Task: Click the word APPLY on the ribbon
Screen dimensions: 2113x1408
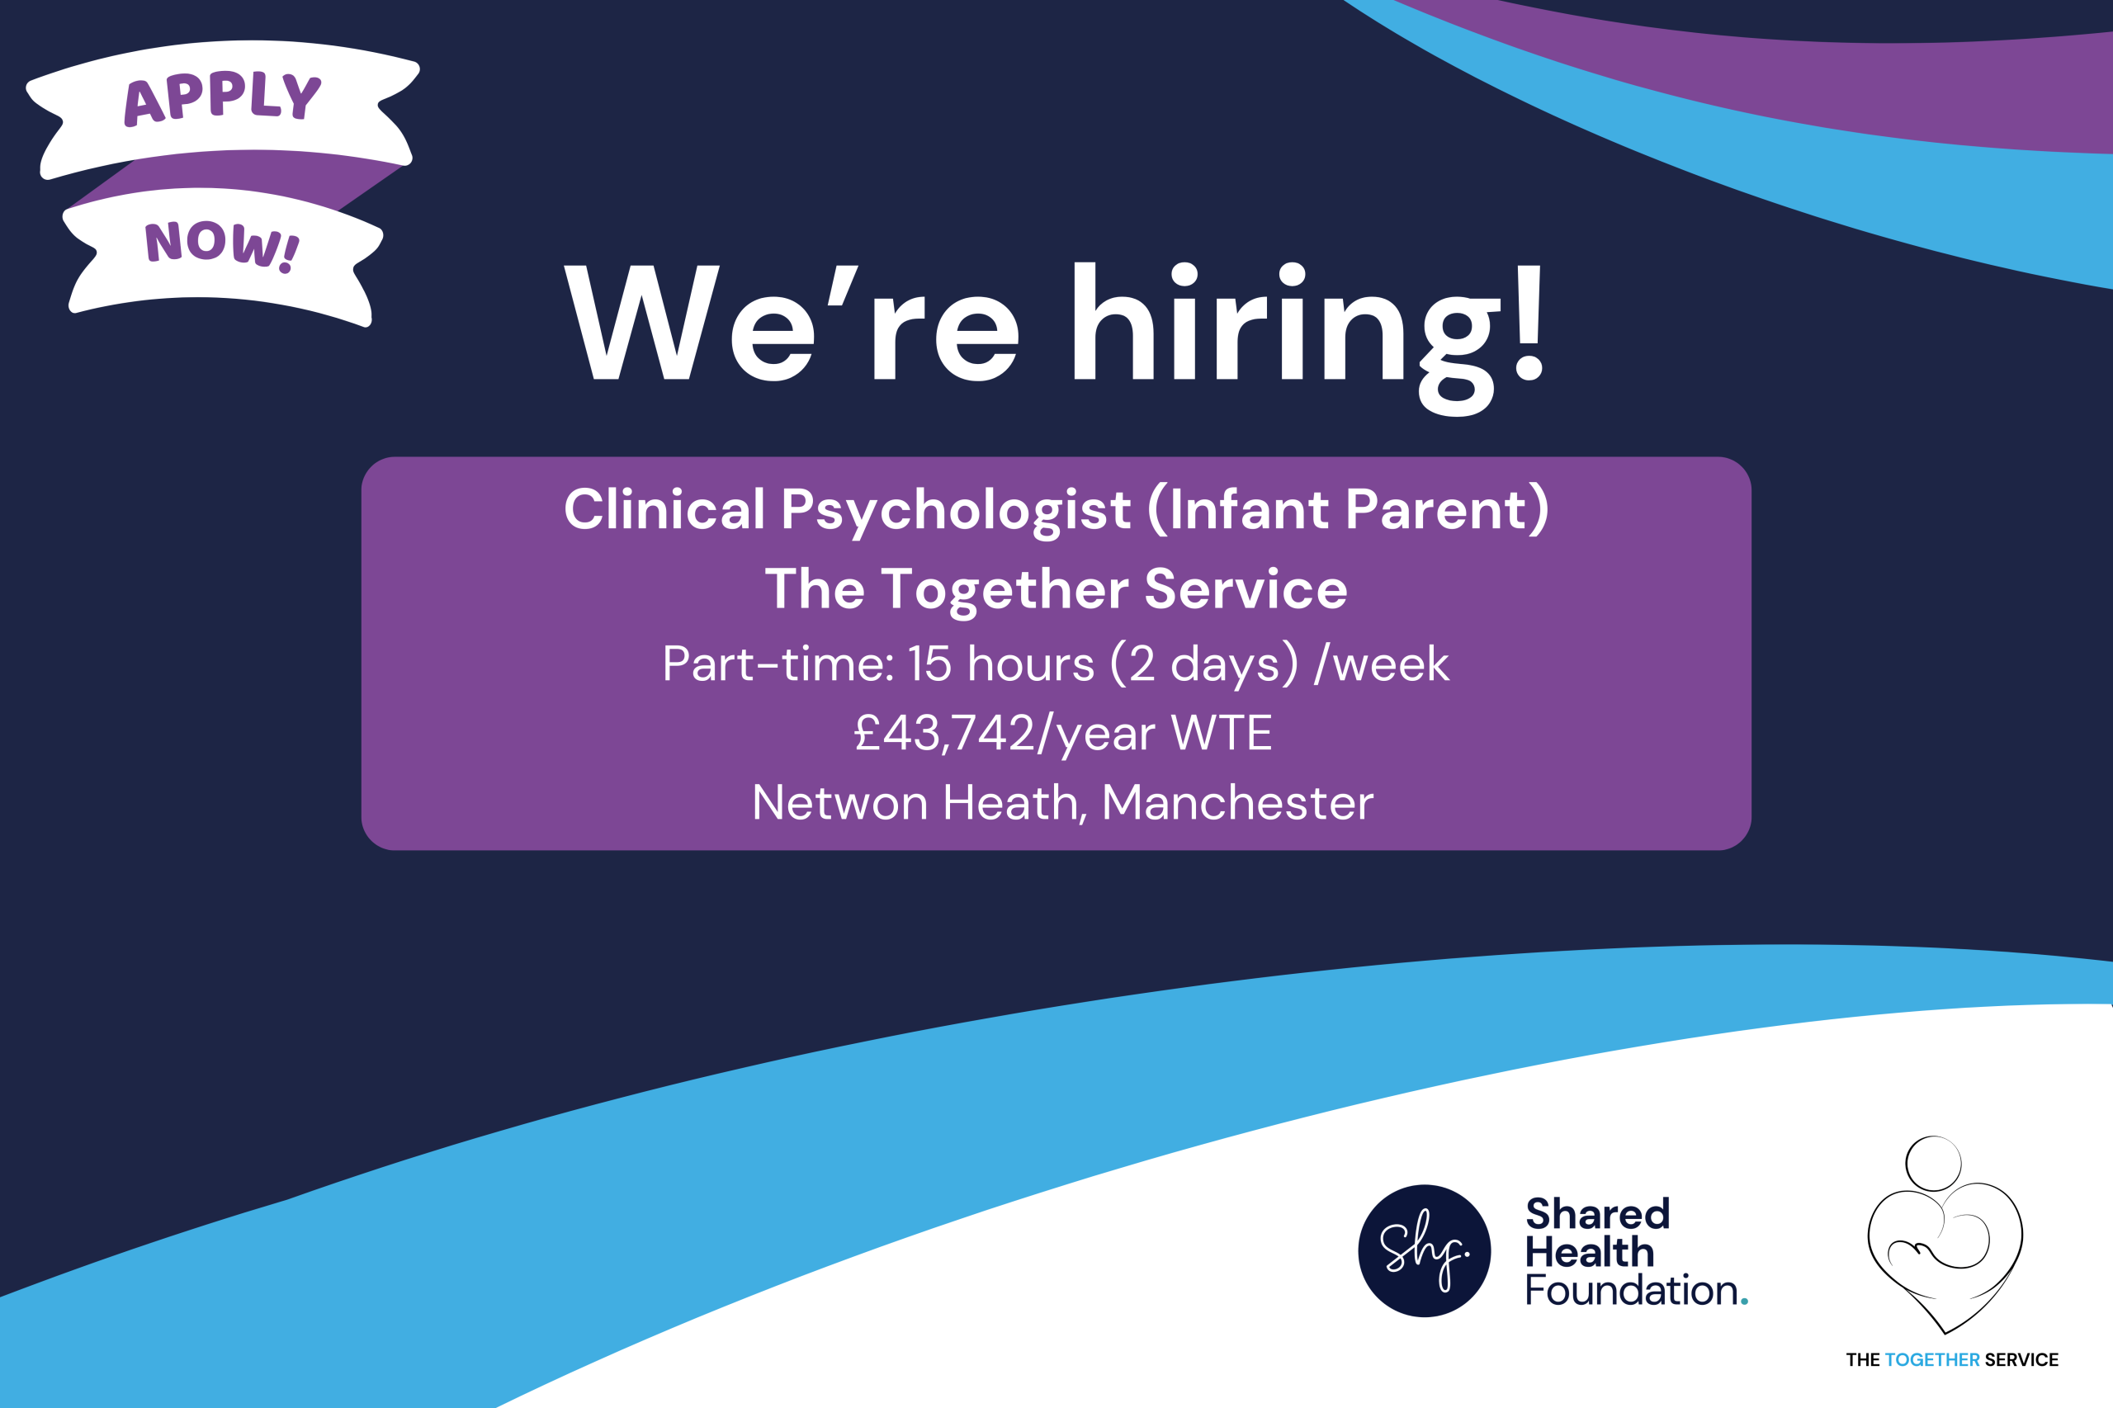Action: (x=222, y=97)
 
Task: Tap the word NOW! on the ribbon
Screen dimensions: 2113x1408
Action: (x=222, y=245)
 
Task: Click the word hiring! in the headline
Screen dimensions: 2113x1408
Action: (x=1307, y=337)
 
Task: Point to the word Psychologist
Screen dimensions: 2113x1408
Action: (x=956, y=511)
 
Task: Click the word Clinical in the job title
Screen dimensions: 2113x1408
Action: (x=664, y=509)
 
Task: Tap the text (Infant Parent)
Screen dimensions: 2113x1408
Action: (x=1348, y=509)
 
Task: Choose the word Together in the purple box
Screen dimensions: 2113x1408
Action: (x=1004, y=590)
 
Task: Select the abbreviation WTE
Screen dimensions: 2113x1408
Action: (x=1222, y=733)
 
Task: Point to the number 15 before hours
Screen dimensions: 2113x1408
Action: (x=929, y=664)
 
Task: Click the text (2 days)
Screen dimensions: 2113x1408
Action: (x=1204, y=665)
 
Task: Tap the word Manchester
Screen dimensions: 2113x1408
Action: (x=1237, y=803)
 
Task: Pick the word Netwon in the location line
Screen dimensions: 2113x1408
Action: (x=839, y=803)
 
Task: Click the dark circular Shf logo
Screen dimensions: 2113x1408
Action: (x=1425, y=1251)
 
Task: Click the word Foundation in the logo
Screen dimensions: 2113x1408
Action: (x=1632, y=1290)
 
